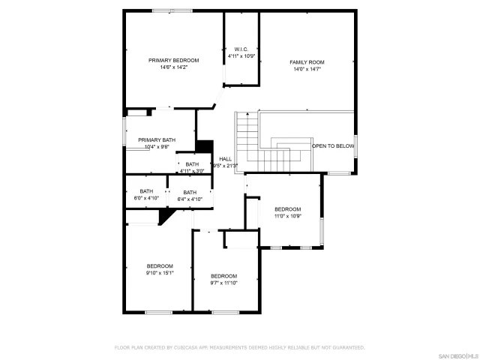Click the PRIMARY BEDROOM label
click(173, 60)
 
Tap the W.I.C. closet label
click(241, 49)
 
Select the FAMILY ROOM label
click(307, 62)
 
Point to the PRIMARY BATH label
click(157, 140)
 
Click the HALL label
click(225, 159)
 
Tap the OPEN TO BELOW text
click(333, 146)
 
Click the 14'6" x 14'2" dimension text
click(173, 67)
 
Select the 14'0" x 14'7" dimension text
click(307, 69)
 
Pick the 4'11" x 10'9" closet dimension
click(241, 56)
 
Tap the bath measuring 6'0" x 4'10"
click(146, 195)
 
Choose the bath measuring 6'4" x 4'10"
click(190, 195)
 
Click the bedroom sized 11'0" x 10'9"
click(287, 212)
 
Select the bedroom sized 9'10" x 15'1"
click(160, 269)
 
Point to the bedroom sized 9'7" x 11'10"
click(223, 279)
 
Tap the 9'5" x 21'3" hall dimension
click(225, 166)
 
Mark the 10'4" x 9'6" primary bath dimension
click(157, 147)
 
